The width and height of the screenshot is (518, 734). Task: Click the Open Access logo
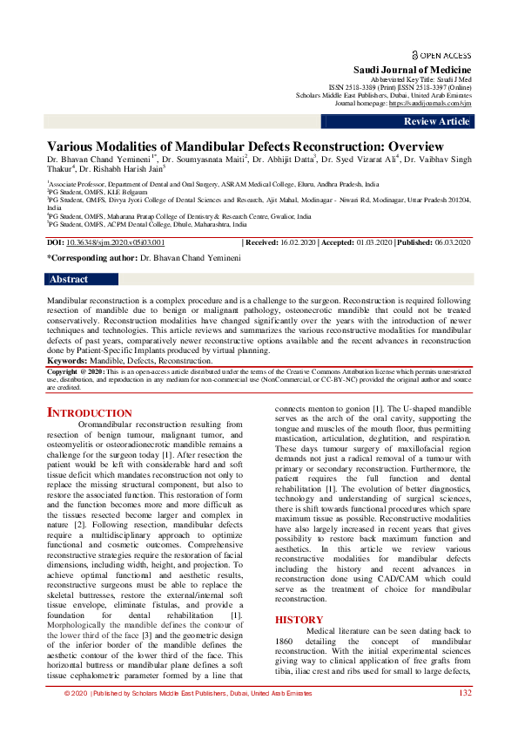(x=441, y=53)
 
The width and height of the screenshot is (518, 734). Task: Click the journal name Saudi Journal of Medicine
(x=412, y=70)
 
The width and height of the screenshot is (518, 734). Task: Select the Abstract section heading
(x=69, y=280)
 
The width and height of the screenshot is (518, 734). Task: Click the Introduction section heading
(x=89, y=412)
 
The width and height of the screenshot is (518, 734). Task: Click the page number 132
(x=465, y=693)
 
